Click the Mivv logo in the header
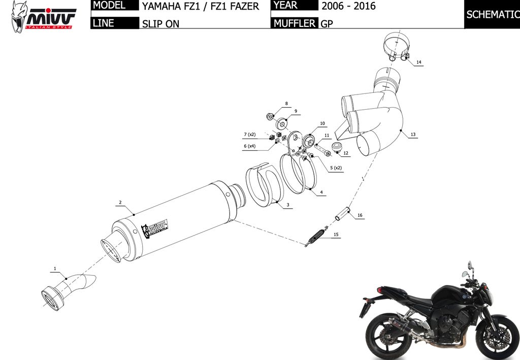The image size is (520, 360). [43, 17]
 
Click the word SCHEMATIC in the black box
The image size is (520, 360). [493, 14]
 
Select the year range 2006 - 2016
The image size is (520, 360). [348, 6]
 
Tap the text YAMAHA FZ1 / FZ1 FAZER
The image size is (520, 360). [200, 6]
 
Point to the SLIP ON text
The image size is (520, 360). [160, 24]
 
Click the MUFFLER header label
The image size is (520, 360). [295, 23]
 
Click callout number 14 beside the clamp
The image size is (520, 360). [418, 62]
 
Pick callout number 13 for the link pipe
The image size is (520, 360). [413, 134]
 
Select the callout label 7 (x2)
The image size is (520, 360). [250, 135]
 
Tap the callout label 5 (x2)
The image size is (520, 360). [336, 168]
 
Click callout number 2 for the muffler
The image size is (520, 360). [120, 202]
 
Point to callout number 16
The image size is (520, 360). [360, 215]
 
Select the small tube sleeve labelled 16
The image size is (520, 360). [343, 214]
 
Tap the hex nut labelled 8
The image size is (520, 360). [270, 116]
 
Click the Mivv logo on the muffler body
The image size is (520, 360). [154, 228]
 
